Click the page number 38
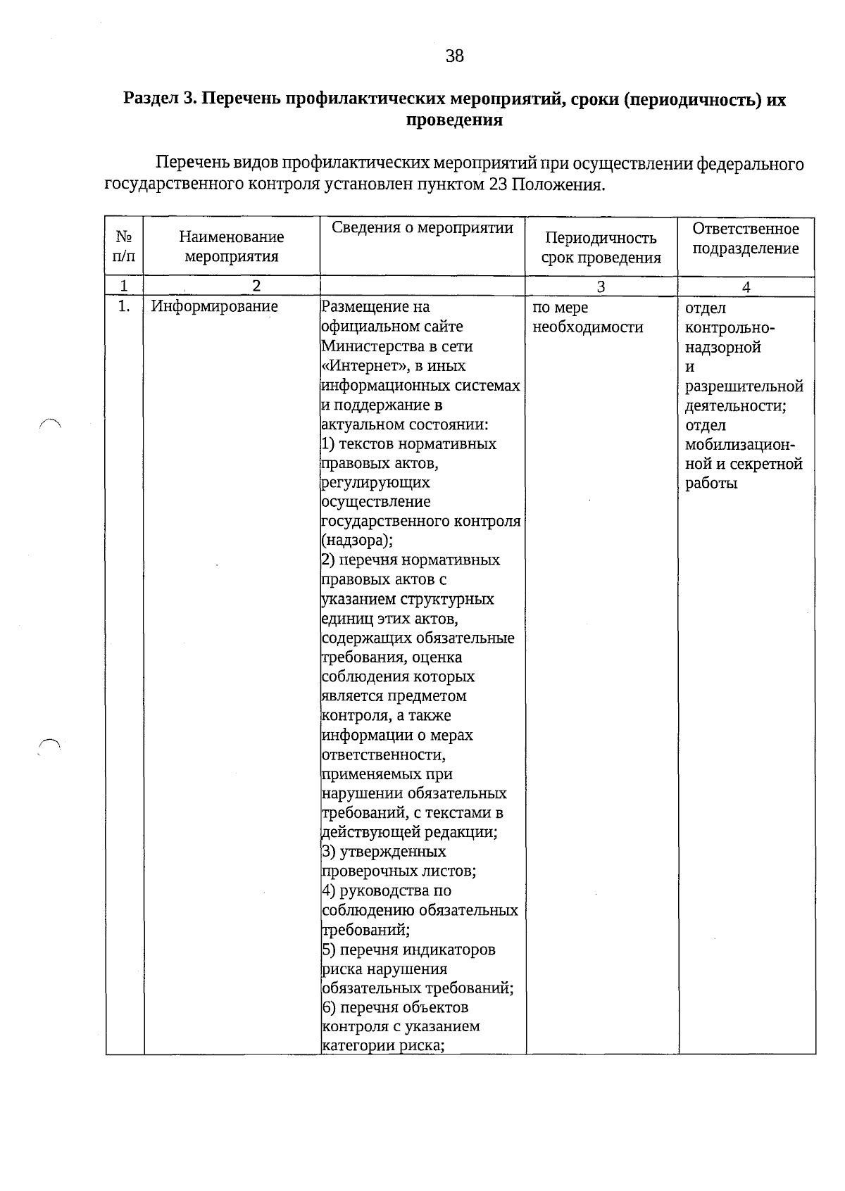pos(455,56)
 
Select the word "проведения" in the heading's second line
pos(455,120)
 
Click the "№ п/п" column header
pos(124,246)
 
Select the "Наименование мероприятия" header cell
pos(231,246)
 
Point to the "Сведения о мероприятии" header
pos(423,228)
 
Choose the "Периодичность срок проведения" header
pos(601,248)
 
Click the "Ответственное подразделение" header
pos(746,239)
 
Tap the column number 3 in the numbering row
pos(601,286)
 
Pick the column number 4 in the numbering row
pos(746,287)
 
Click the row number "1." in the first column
pos(124,307)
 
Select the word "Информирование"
pos(215,307)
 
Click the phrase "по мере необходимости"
pos(588,317)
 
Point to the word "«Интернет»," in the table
pos(363,366)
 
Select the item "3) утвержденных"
pos(384,852)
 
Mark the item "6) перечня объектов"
pos(395,1007)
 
